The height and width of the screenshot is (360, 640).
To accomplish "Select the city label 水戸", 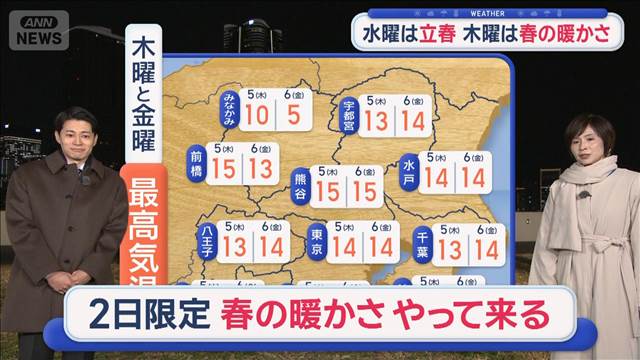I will click(408, 172).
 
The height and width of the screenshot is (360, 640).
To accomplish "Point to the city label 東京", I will click(317, 243).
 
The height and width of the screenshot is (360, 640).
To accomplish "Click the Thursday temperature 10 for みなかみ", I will click(256, 116).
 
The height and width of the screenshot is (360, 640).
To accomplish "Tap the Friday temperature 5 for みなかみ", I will click(293, 116).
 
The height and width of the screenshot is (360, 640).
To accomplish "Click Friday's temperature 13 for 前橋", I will click(261, 170).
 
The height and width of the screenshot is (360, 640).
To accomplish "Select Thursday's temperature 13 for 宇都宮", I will click(376, 122).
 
